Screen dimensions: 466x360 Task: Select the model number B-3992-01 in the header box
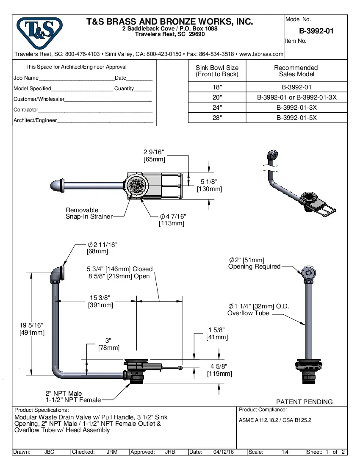coord(316,31)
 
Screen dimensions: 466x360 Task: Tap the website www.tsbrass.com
coord(261,54)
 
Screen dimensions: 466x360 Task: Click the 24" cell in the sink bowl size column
coord(217,108)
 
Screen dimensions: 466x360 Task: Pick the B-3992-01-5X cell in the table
coord(296,118)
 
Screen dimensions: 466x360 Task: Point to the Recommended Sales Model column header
coord(296,71)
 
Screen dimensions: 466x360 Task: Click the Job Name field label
coord(26,78)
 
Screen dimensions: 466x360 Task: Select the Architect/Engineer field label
coord(35,120)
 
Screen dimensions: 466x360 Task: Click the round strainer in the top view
coord(137,186)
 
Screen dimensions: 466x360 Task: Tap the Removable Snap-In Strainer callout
coord(89,213)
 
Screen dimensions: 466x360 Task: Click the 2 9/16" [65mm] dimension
coord(154,156)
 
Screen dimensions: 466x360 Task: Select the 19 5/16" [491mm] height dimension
coord(32,329)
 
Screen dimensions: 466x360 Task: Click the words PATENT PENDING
coord(304,402)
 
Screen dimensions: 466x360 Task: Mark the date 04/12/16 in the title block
coord(224,452)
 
